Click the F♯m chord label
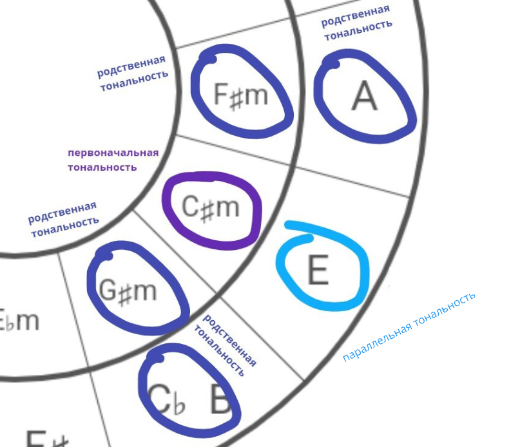point(240,95)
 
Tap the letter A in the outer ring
point(364,97)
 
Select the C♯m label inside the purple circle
point(210,207)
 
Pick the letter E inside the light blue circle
point(317,271)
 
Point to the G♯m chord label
point(128,291)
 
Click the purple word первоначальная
point(113,153)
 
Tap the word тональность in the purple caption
point(102,167)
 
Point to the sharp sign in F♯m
point(236,97)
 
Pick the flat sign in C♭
point(178,404)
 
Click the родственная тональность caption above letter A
point(357,23)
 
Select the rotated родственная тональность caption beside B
point(225,345)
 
